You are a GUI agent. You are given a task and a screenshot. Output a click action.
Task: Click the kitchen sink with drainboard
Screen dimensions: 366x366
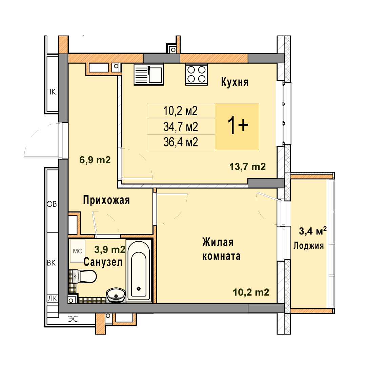click(149, 74)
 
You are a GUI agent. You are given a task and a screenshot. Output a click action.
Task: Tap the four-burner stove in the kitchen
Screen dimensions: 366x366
click(196, 74)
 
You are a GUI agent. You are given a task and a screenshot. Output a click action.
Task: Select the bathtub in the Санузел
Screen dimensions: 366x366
click(139, 270)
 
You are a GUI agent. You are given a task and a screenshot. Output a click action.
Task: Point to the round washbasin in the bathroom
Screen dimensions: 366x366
click(116, 295)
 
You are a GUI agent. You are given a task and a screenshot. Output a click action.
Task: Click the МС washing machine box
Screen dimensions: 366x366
click(78, 251)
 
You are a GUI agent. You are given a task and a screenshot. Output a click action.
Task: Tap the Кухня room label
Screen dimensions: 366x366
click(235, 82)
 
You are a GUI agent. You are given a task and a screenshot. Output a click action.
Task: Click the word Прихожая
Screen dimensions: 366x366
click(106, 200)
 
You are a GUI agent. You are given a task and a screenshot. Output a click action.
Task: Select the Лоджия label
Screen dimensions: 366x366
click(309, 246)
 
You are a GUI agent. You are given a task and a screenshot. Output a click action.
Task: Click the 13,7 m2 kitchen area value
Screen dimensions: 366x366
click(247, 167)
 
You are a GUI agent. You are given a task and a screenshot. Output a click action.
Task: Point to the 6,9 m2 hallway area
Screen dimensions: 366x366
click(95, 160)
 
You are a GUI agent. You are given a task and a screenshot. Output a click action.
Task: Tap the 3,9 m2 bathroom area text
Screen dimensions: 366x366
click(110, 249)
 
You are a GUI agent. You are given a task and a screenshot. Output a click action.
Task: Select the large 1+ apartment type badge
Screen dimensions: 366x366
click(238, 126)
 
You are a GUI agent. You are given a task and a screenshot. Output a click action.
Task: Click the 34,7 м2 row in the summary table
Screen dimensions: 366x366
click(181, 127)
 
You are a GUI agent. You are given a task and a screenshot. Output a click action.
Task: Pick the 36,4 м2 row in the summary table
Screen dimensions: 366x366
click(181, 142)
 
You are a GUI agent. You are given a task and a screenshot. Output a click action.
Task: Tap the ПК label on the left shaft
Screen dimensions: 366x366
click(52, 92)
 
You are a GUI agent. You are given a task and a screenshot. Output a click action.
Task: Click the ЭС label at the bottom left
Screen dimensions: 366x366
click(73, 319)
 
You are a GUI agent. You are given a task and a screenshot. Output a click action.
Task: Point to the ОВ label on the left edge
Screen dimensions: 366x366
click(52, 204)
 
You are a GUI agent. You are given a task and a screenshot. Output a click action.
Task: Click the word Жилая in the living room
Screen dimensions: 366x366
click(218, 242)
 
